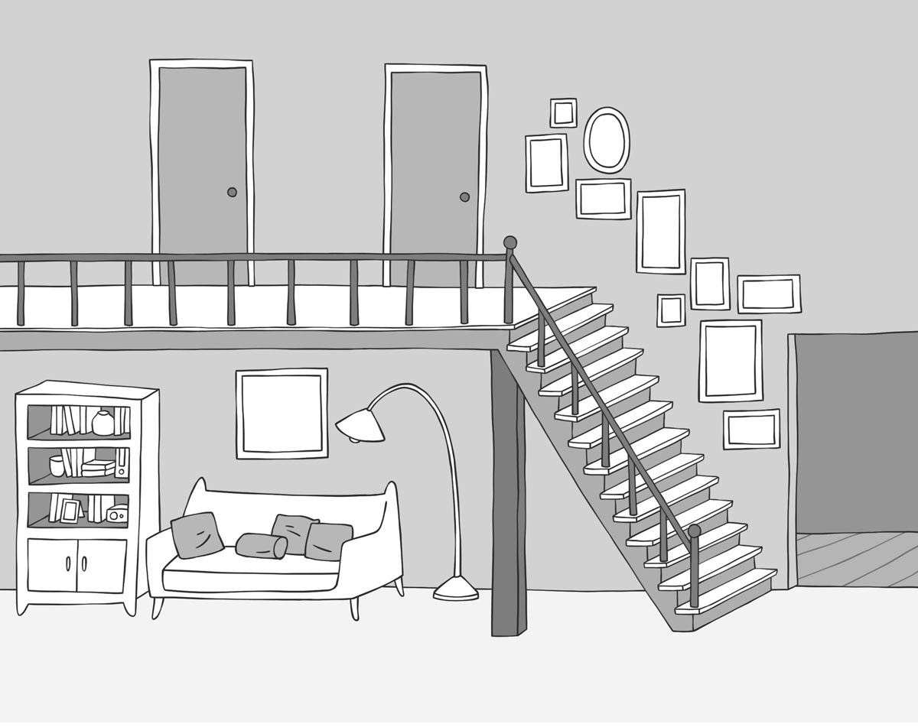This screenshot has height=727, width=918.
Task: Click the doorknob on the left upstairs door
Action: click(x=232, y=192)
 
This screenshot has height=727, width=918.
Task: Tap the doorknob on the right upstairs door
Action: click(x=464, y=196)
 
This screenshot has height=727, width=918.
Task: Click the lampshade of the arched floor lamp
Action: click(x=360, y=425)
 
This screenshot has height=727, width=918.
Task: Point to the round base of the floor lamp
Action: click(x=456, y=590)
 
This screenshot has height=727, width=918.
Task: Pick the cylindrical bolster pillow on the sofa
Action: click(x=261, y=546)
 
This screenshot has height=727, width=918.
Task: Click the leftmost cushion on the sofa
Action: click(x=197, y=534)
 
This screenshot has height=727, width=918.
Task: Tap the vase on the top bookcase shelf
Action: click(x=103, y=423)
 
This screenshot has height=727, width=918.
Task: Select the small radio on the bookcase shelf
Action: click(x=116, y=514)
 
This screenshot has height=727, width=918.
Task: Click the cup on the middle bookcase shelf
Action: click(x=57, y=466)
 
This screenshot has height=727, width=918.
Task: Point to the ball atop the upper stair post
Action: click(x=510, y=242)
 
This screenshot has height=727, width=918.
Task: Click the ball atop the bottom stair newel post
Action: click(x=694, y=531)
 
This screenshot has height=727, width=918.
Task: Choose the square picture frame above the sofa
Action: click(x=282, y=414)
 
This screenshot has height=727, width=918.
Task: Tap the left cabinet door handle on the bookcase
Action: click(x=68, y=564)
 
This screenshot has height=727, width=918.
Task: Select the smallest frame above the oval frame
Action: click(x=563, y=113)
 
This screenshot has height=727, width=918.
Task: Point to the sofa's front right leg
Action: click(x=353, y=607)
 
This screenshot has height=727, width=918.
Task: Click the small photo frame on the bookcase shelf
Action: click(x=70, y=510)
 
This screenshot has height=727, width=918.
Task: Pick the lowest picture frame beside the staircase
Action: click(x=751, y=429)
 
